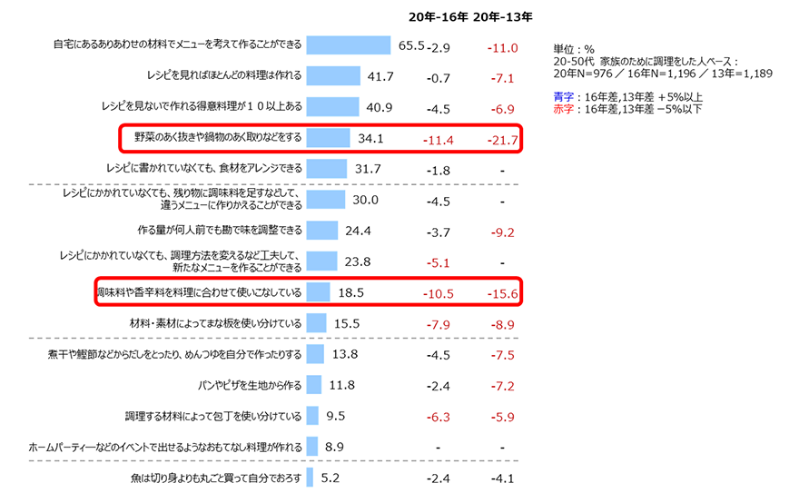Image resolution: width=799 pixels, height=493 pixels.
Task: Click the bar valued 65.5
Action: (348, 45)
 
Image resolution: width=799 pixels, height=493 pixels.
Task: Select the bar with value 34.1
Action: (328, 138)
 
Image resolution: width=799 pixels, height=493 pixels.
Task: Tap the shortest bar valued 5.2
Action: (310, 478)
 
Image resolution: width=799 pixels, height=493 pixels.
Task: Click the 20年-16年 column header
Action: (438, 15)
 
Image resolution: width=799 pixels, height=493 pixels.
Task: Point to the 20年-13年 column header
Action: (502, 15)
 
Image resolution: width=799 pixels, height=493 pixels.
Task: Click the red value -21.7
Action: (502, 140)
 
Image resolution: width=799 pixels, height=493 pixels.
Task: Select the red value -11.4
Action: (438, 140)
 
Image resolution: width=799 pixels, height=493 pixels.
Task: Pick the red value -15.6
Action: (502, 294)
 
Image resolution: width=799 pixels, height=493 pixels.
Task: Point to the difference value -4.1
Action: (502, 478)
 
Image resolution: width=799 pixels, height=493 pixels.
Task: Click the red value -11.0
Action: (502, 47)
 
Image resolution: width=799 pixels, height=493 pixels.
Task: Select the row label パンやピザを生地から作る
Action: (249, 385)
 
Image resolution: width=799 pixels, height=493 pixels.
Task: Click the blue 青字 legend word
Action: (563, 97)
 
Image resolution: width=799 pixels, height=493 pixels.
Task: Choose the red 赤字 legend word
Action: (563, 110)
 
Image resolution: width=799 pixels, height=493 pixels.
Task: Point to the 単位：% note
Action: (573, 47)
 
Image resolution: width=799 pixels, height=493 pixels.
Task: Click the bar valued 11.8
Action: (314, 385)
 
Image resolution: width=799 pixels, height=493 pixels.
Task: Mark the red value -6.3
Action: (438, 417)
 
